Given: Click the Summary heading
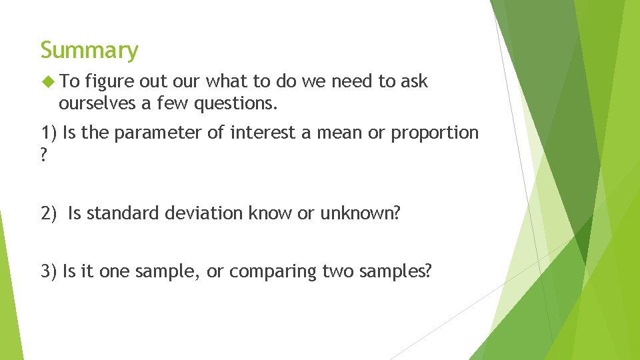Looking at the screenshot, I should [x=89, y=50].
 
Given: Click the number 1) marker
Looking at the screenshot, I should [x=49, y=133].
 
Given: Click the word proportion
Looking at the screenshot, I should [x=435, y=133].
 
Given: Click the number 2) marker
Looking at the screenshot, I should [x=49, y=213].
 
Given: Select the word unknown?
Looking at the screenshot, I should [x=361, y=213].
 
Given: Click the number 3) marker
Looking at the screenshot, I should [x=49, y=271].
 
